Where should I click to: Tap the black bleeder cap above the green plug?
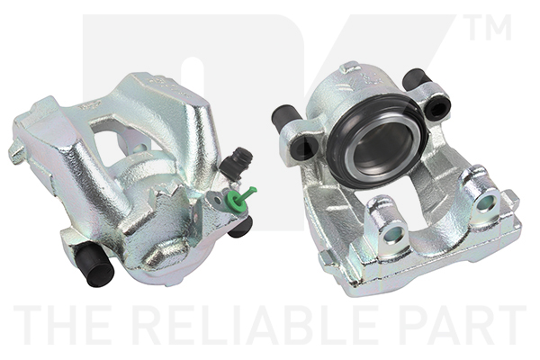(236, 163)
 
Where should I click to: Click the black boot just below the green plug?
(240, 228)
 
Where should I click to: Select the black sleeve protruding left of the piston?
(285, 116)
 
